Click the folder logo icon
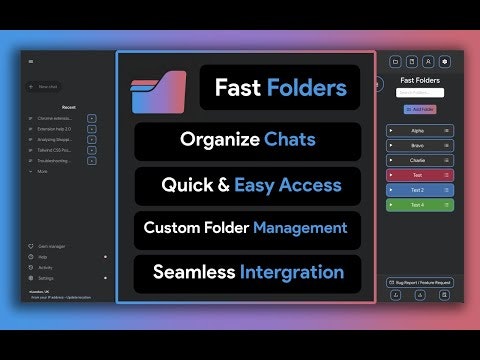point(159,91)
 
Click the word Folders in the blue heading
point(307,88)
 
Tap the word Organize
point(219,139)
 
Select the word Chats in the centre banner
point(290,139)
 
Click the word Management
point(300,228)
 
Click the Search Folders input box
point(420,93)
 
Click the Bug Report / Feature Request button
point(420,283)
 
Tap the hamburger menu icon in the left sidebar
point(31,62)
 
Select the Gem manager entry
point(51,246)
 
